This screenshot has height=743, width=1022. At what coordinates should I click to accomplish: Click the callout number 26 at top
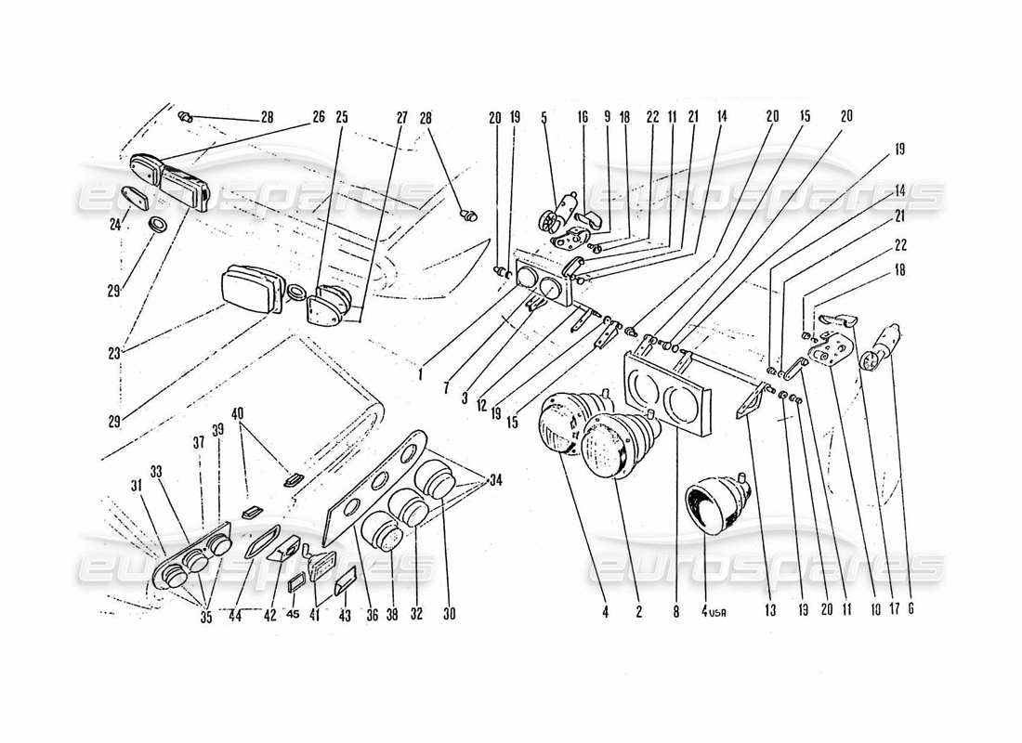tap(319, 118)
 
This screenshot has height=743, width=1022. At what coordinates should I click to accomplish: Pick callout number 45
tap(295, 613)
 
